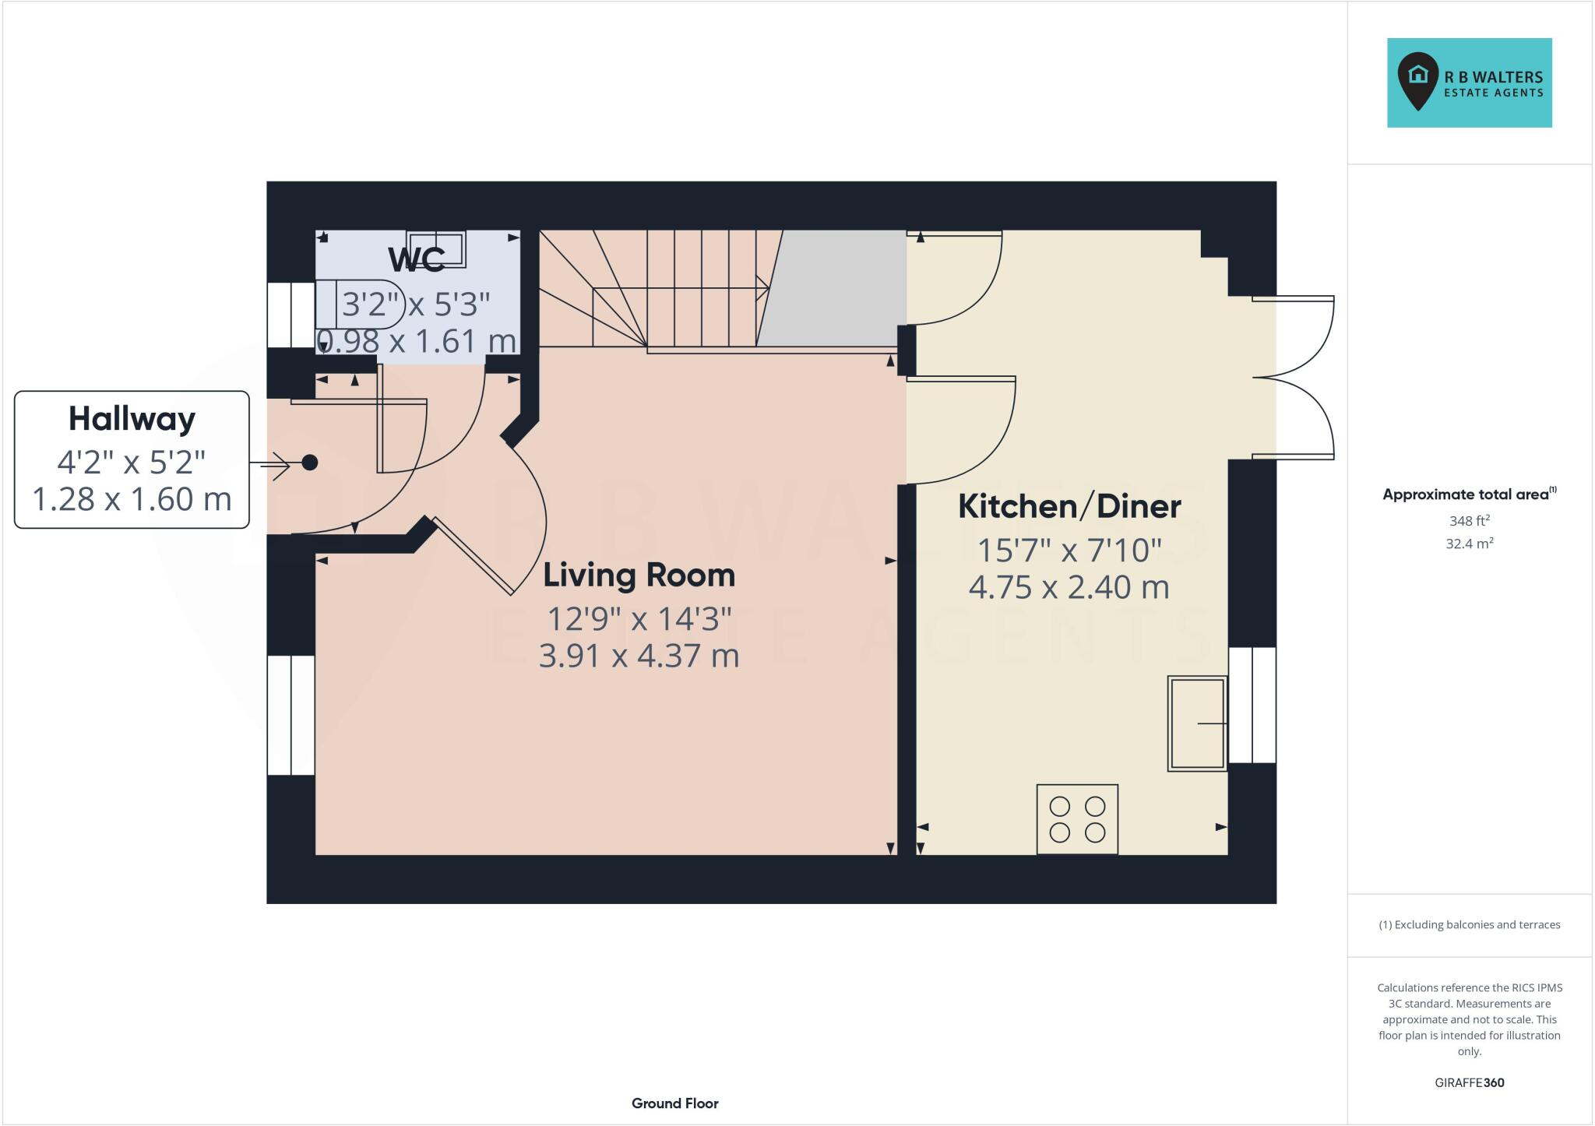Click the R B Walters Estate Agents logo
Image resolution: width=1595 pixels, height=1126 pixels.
tap(1469, 83)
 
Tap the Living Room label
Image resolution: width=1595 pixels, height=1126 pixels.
tap(639, 575)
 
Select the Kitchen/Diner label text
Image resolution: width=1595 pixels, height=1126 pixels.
tap(1069, 507)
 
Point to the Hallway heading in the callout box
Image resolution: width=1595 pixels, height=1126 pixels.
tap(132, 419)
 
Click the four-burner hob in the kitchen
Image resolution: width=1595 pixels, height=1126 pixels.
tap(1077, 819)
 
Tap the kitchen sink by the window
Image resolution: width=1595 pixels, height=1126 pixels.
tap(1197, 723)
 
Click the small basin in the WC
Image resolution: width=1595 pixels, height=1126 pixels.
tap(436, 248)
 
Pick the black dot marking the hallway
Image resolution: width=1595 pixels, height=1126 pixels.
tap(309, 463)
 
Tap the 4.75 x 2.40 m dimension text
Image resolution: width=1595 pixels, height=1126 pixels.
tap(1069, 587)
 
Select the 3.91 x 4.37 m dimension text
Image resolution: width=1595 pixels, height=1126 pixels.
tap(639, 656)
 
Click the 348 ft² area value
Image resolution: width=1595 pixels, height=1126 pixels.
tap(1469, 521)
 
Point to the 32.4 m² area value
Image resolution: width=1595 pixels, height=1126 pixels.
tap(1469, 544)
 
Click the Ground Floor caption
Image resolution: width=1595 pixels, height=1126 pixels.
tap(674, 1103)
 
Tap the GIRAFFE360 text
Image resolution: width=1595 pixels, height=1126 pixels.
tap(1469, 1082)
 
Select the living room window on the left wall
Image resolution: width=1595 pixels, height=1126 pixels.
tap(290, 715)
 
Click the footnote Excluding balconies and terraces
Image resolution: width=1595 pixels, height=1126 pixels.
tap(1469, 925)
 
